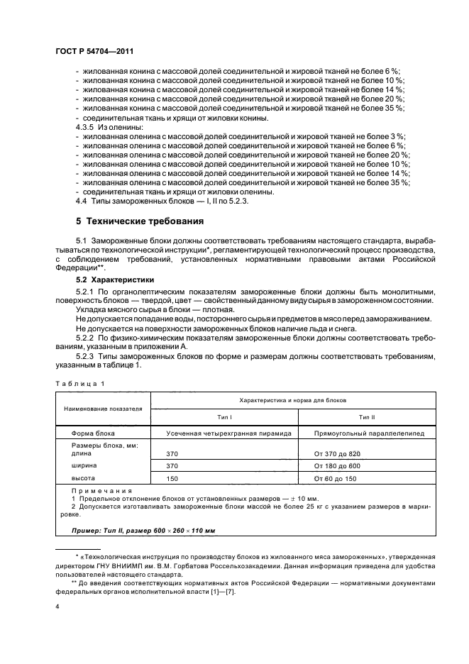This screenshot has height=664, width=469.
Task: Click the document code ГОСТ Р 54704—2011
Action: pos(94,52)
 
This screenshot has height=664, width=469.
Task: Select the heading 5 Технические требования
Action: pos(140,221)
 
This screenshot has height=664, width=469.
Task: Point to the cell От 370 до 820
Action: pos(338,453)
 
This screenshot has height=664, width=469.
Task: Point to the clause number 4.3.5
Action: pos(84,126)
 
